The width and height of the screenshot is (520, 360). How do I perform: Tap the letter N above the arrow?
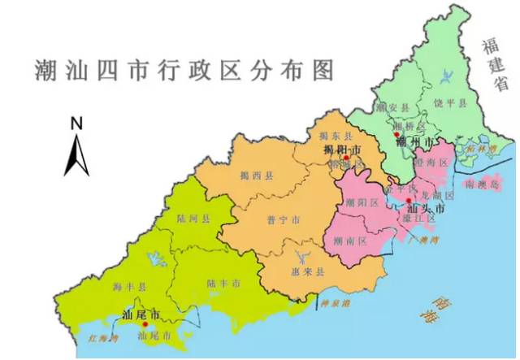point(77,124)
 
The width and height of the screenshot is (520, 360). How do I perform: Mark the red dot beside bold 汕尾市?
point(146,323)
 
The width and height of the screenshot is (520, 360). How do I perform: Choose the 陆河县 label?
point(193,218)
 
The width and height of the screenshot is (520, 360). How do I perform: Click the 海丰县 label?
point(128,287)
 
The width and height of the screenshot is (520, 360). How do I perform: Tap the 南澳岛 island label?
point(482,184)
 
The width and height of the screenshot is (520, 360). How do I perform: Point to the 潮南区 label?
point(352,241)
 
